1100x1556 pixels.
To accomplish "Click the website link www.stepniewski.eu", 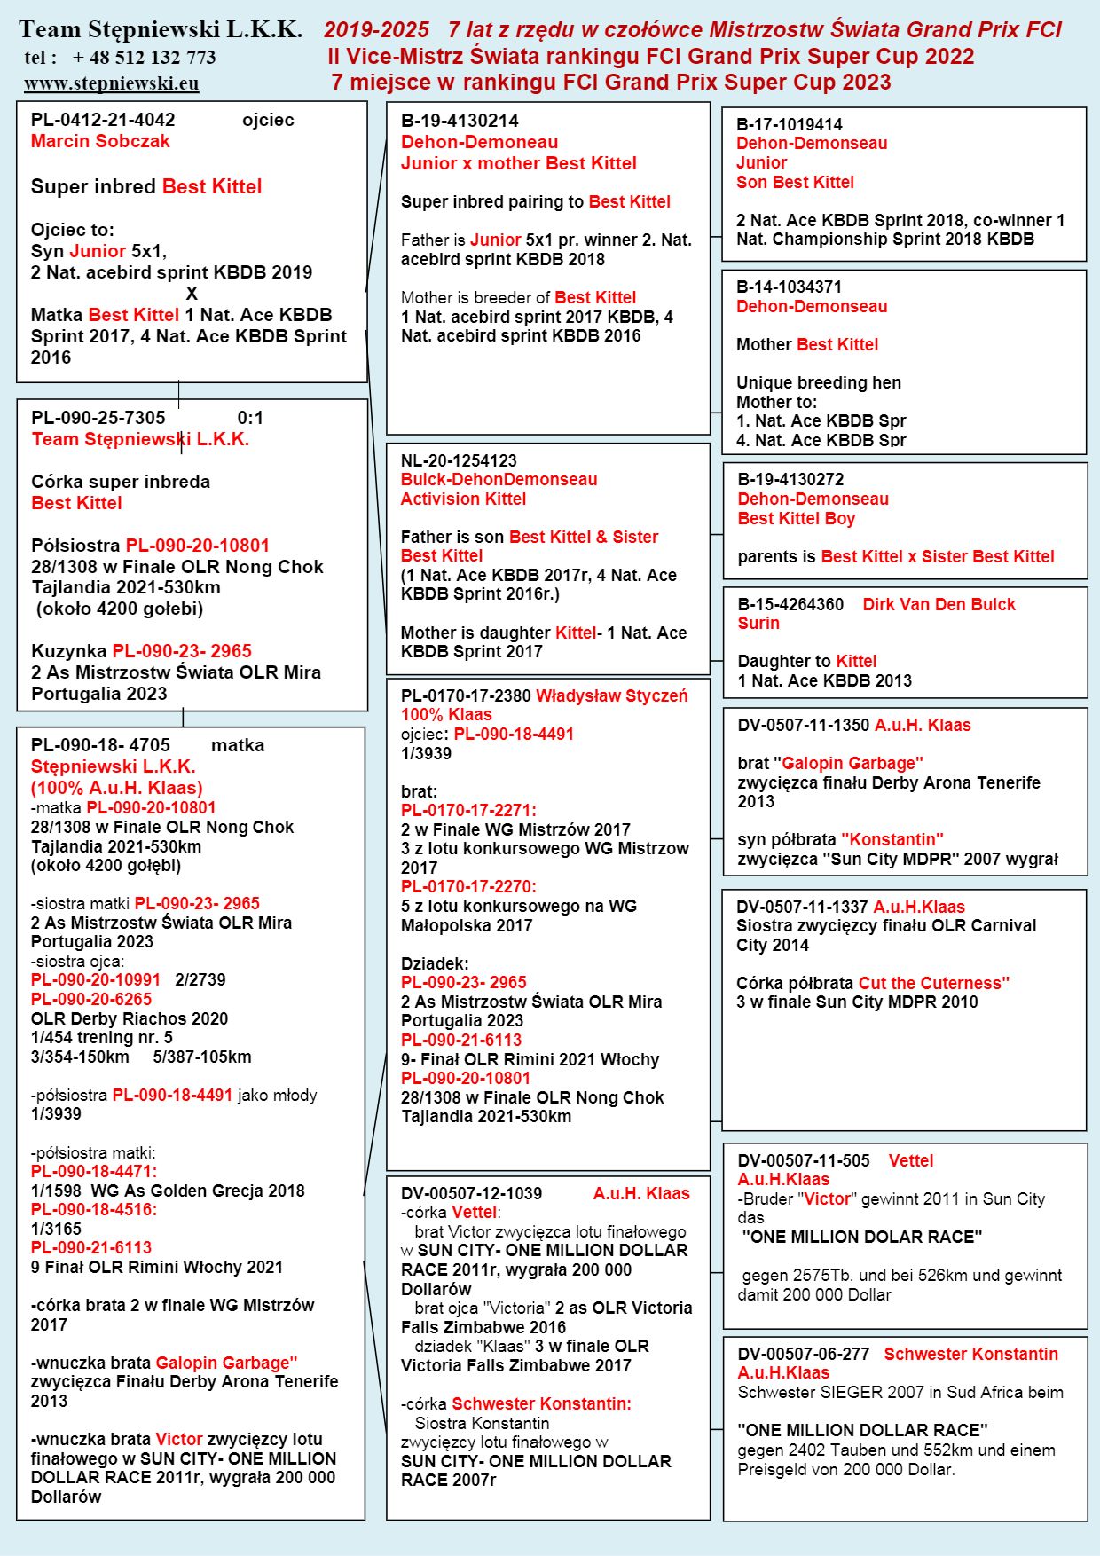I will tap(111, 83).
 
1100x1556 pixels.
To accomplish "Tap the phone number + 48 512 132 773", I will tap(144, 58).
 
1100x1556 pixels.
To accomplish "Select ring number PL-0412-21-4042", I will tap(103, 120).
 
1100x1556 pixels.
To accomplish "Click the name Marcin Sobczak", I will tap(100, 141).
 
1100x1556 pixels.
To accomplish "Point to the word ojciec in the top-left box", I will tap(268, 120).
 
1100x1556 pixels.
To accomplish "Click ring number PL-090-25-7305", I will tap(98, 418).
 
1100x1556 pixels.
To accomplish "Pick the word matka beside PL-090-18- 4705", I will tap(238, 745).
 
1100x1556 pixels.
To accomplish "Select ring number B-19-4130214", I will tap(460, 121).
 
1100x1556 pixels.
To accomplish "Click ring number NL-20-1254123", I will tap(459, 460).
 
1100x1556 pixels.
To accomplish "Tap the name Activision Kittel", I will tap(463, 499).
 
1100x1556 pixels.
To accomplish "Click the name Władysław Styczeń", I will tap(611, 695).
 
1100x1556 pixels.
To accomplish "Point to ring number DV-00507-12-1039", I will tap(471, 1193).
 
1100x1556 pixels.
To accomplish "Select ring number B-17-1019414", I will tap(790, 124).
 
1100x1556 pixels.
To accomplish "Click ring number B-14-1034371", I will tap(790, 287).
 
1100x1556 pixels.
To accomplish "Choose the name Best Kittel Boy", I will tap(797, 518).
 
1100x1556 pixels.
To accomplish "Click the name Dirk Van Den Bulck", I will tap(939, 604).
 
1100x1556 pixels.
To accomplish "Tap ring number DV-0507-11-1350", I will tap(804, 725).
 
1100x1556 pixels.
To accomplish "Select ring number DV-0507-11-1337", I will tap(802, 907).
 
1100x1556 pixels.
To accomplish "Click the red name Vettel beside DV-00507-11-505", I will tap(911, 1160).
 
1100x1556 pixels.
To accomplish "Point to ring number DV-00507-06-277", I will tap(804, 1354).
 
